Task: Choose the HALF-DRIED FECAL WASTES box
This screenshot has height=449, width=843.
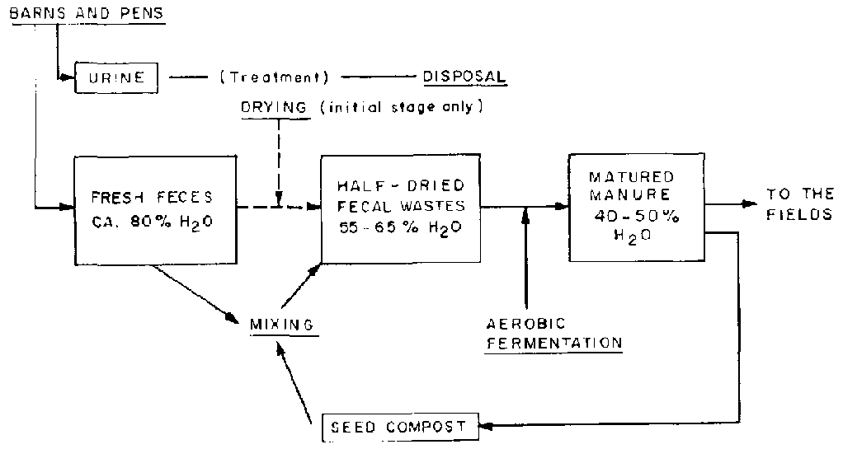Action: point(399,208)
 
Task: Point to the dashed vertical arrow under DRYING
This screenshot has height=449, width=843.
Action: point(279,161)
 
